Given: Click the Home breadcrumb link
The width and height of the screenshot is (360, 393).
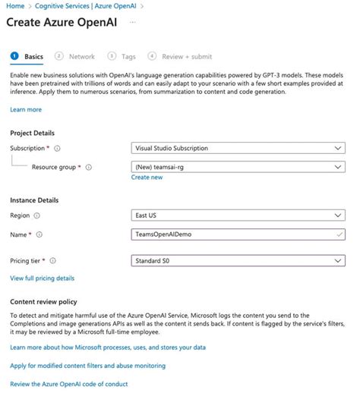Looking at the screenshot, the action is (15, 6).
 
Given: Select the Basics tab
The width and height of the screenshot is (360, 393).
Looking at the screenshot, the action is (33, 56).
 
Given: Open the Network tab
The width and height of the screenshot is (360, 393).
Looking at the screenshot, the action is (81, 56).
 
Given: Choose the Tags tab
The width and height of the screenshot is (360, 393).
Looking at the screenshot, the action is (128, 56).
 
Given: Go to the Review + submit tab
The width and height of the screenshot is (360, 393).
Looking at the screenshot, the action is (187, 56).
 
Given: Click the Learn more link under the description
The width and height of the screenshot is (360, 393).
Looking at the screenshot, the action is (26, 109).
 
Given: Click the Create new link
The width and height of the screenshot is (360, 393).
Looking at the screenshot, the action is (147, 177).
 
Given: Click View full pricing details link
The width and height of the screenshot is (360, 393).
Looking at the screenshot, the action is (43, 278).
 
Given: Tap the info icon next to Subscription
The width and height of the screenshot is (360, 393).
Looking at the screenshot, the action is (58, 149).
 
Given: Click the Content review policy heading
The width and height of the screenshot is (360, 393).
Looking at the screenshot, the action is (43, 301).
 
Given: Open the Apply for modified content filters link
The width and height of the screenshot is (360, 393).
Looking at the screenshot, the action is (87, 366).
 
